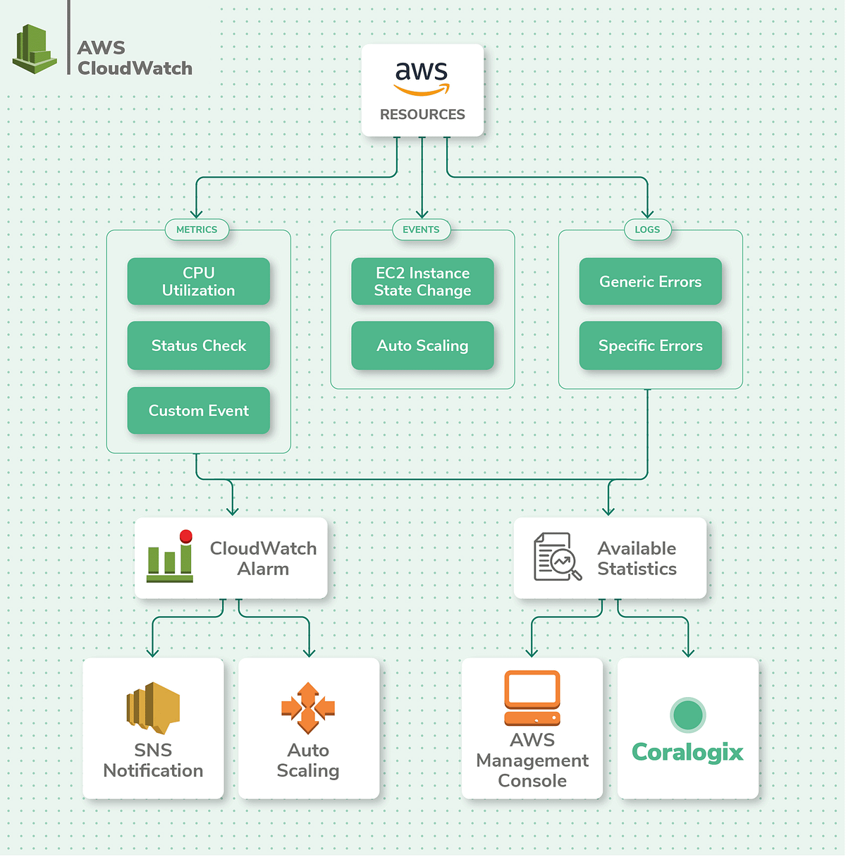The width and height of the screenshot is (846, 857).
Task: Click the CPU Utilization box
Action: pyautogui.click(x=198, y=281)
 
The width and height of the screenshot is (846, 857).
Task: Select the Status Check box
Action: pyautogui.click(x=198, y=345)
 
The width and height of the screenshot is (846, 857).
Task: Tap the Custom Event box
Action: pyautogui.click(x=198, y=410)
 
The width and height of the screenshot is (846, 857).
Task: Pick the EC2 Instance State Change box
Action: pyautogui.click(x=422, y=281)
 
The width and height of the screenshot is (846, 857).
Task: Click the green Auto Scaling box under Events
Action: pyautogui.click(x=422, y=345)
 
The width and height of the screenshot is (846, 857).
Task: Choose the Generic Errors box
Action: pyautogui.click(x=650, y=281)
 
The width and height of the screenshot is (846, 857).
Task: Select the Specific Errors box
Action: pyautogui.click(x=650, y=345)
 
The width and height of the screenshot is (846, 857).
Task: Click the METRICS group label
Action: pyautogui.click(x=197, y=230)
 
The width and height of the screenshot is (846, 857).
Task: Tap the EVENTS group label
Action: pyautogui.click(x=421, y=230)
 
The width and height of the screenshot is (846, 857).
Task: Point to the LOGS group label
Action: pyautogui.click(x=647, y=230)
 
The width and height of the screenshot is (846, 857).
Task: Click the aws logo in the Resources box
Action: pyautogui.click(x=422, y=78)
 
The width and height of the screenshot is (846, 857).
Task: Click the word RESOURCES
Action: pyautogui.click(x=422, y=114)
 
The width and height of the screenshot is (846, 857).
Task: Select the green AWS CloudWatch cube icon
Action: pyautogui.click(x=35, y=49)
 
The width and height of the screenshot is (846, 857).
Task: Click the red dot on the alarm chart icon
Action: pyautogui.click(x=186, y=536)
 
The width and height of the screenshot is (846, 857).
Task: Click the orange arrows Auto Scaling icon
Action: pyautogui.click(x=308, y=708)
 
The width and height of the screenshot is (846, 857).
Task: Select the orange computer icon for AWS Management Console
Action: pyautogui.click(x=532, y=698)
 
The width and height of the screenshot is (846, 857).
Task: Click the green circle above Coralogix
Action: pyautogui.click(x=687, y=715)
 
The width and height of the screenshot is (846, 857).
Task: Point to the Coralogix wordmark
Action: pyautogui.click(x=687, y=753)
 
